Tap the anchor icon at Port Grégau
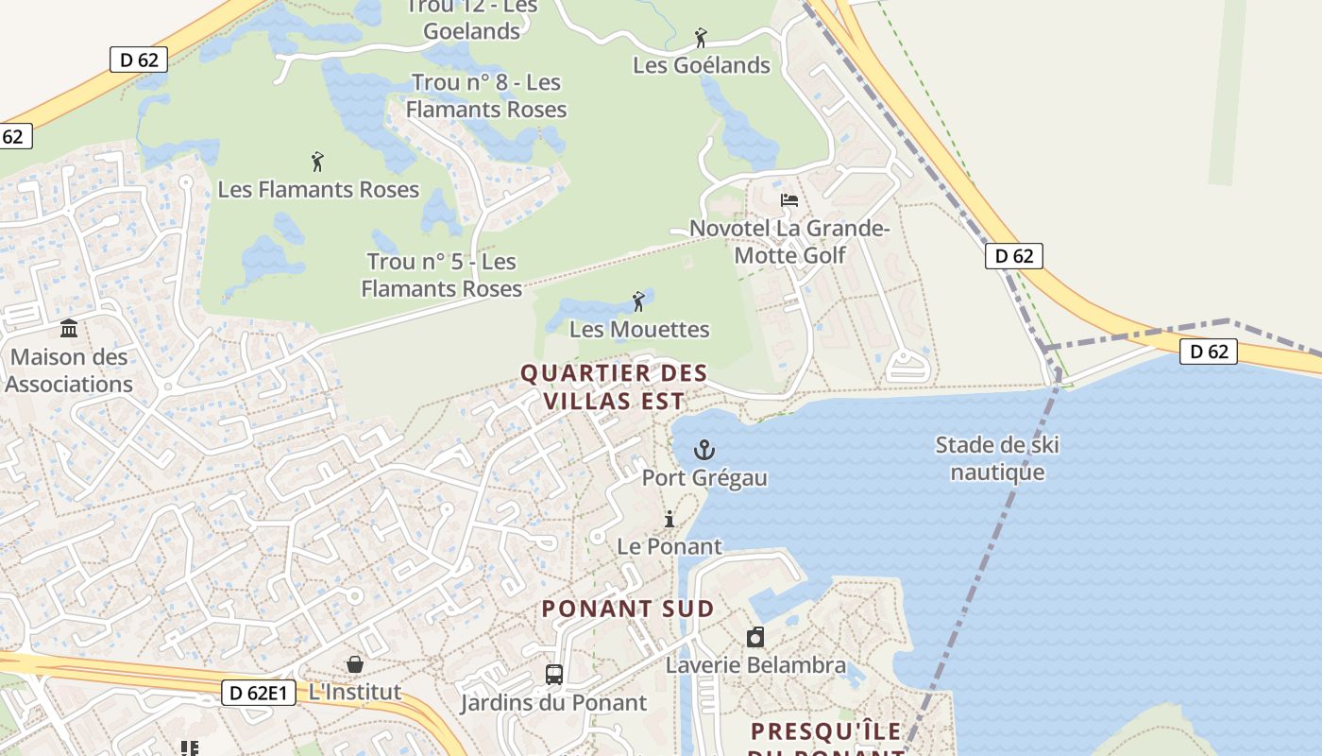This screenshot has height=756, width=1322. [x=704, y=449]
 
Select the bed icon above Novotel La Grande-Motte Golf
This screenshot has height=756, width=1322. [x=789, y=200]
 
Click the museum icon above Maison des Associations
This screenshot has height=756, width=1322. [x=69, y=329]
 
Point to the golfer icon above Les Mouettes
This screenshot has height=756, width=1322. [x=639, y=301]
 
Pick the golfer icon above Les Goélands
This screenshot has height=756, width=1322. [x=701, y=38]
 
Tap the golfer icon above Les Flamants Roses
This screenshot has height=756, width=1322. [x=317, y=162]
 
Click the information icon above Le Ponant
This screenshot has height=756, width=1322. [x=669, y=519]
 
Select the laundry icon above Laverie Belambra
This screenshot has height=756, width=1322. [x=755, y=637]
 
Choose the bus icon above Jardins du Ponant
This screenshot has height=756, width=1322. [x=554, y=675]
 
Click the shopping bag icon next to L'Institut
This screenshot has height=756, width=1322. [x=355, y=664]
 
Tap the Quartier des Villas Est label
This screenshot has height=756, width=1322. [x=614, y=387]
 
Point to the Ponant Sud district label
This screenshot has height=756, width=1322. [x=628, y=609]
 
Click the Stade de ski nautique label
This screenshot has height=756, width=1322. [x=997, y=458]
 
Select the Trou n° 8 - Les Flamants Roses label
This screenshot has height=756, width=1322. [x=486, y=95]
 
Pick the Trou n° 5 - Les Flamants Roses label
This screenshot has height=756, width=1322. [x=442, y=275]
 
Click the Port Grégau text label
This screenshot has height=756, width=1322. [x=704, y=477]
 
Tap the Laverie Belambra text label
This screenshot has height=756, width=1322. [x=755, y=664]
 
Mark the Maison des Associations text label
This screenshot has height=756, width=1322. [x=69, y=370]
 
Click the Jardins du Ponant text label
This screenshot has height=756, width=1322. [x=553, y=702]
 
